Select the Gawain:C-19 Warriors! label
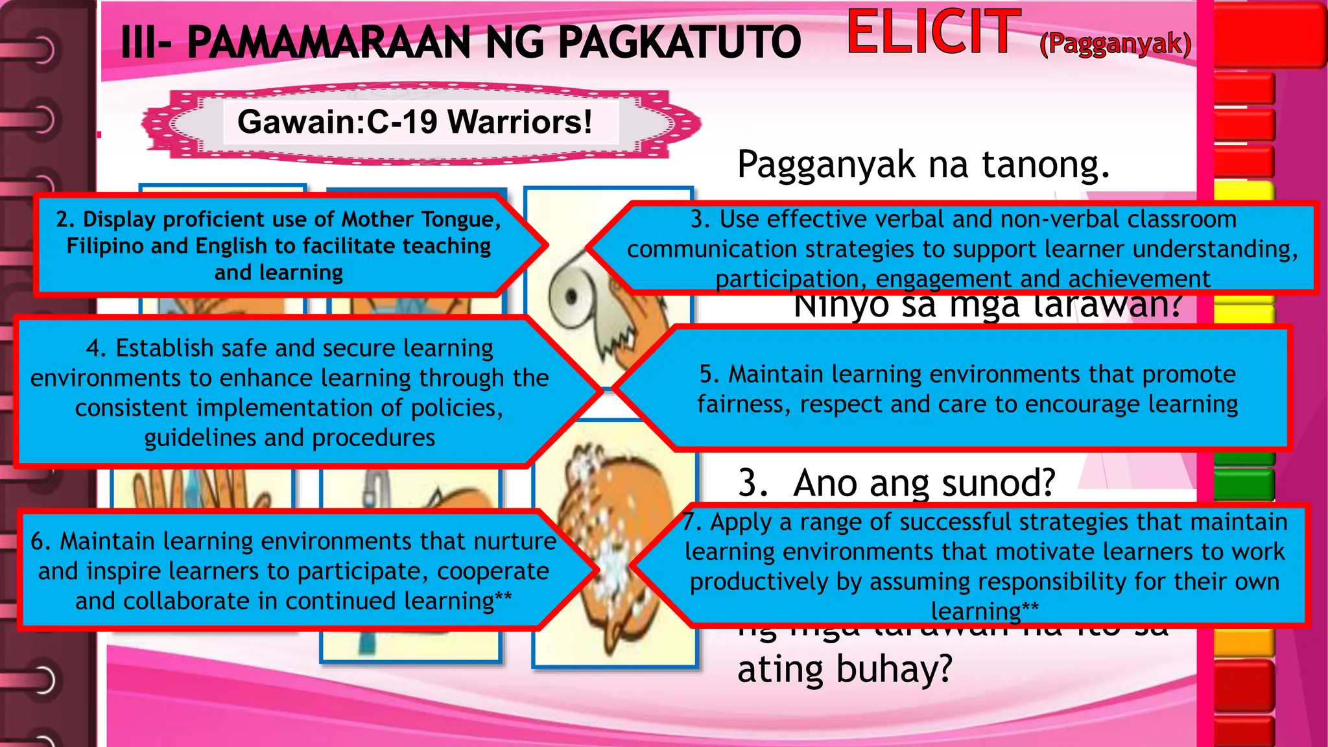point(415,122)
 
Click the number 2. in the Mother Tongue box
point(65,220)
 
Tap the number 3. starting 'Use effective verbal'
point(700,220)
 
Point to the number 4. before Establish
point(97,349)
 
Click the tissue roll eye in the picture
point(571,297)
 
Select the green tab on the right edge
point(1244,483)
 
